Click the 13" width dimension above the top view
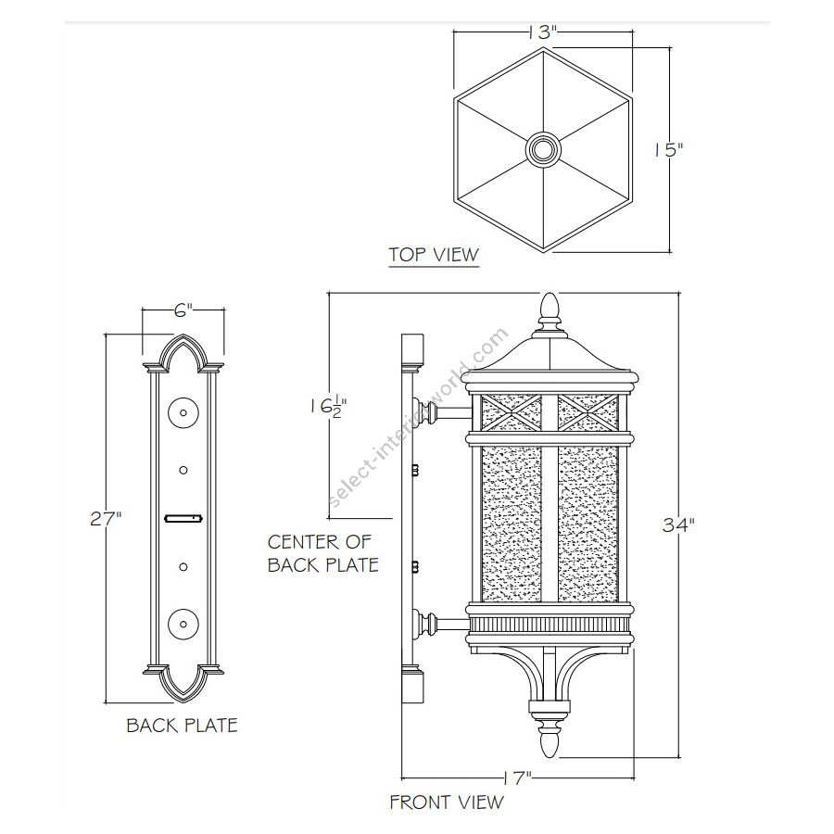tap(543, 32)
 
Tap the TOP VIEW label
tap(433, 254)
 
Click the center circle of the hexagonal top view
tap(543, 148)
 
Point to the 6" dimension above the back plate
tap(183, 313)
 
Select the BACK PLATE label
tap(182, 725)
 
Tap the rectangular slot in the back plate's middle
tap(183, 519)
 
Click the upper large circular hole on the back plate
tap(183, 411)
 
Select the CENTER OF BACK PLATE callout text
tap(322, 552)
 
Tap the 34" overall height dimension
tap(678, 524)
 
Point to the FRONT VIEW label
tap(446, 802)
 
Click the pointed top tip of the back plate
tap(183, 338)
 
